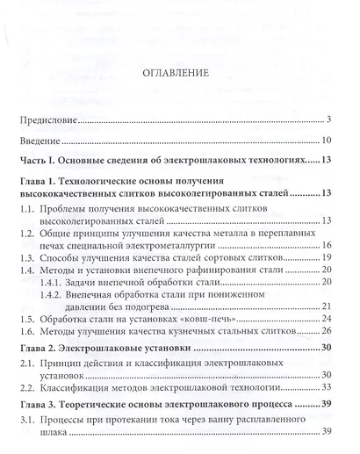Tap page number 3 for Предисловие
(327, 119)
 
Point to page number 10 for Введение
(325, 141)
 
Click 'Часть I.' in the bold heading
(46, 162)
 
